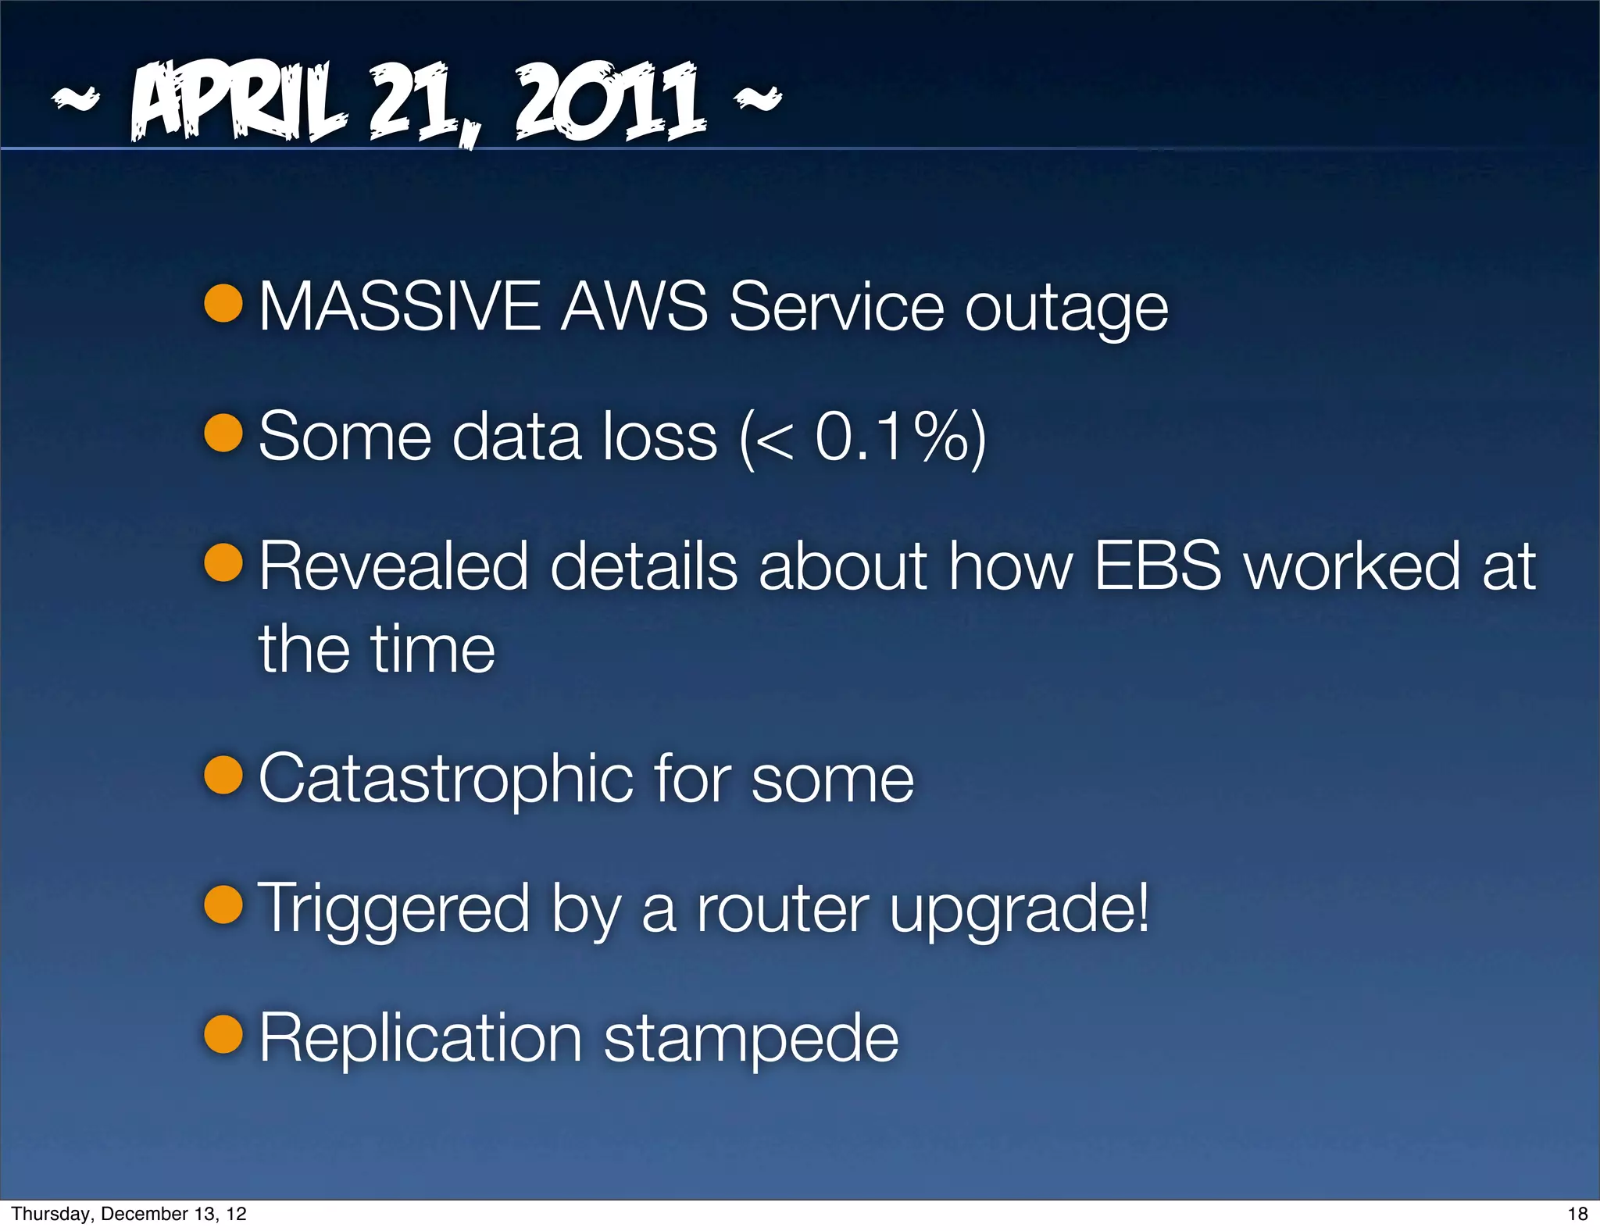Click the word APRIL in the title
tap(238, 102)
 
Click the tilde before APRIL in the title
tap(76, 98)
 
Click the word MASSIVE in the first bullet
tap(399, 306)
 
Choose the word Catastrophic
tap(445, 779)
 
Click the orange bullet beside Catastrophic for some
tap(224, 775)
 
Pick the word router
tap(782, 910)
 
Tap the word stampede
tap(751, 1040)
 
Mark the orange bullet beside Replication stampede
tap(224, 1034)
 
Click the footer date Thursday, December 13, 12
tap(129, 1214)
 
